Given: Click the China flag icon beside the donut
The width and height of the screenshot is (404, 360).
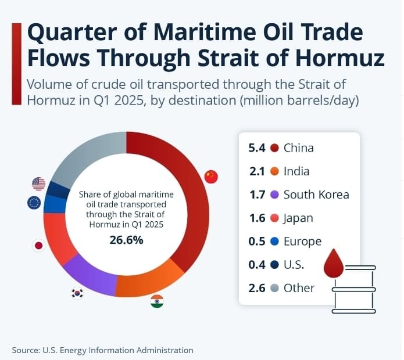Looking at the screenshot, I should (211, 177).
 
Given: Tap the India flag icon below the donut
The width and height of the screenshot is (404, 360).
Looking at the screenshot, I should (156, 301).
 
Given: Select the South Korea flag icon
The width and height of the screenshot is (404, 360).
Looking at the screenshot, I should (77, 293).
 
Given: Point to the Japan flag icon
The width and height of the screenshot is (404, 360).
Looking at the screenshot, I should (38, 246).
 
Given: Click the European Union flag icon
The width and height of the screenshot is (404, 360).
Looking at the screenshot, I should (34, 203).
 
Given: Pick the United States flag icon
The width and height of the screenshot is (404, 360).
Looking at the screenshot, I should (38, 184).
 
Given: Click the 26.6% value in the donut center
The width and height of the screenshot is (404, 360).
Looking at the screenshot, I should (126, 240).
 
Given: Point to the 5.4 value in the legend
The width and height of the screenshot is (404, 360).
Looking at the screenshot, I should (256, 147).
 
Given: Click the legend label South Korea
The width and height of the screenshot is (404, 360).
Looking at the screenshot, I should (316, 195).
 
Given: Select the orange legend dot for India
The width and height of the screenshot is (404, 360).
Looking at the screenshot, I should (275, 171).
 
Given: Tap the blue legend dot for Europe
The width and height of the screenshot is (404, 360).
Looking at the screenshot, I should (275, 242).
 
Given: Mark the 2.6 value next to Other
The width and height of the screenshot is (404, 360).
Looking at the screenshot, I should (256, 288).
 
